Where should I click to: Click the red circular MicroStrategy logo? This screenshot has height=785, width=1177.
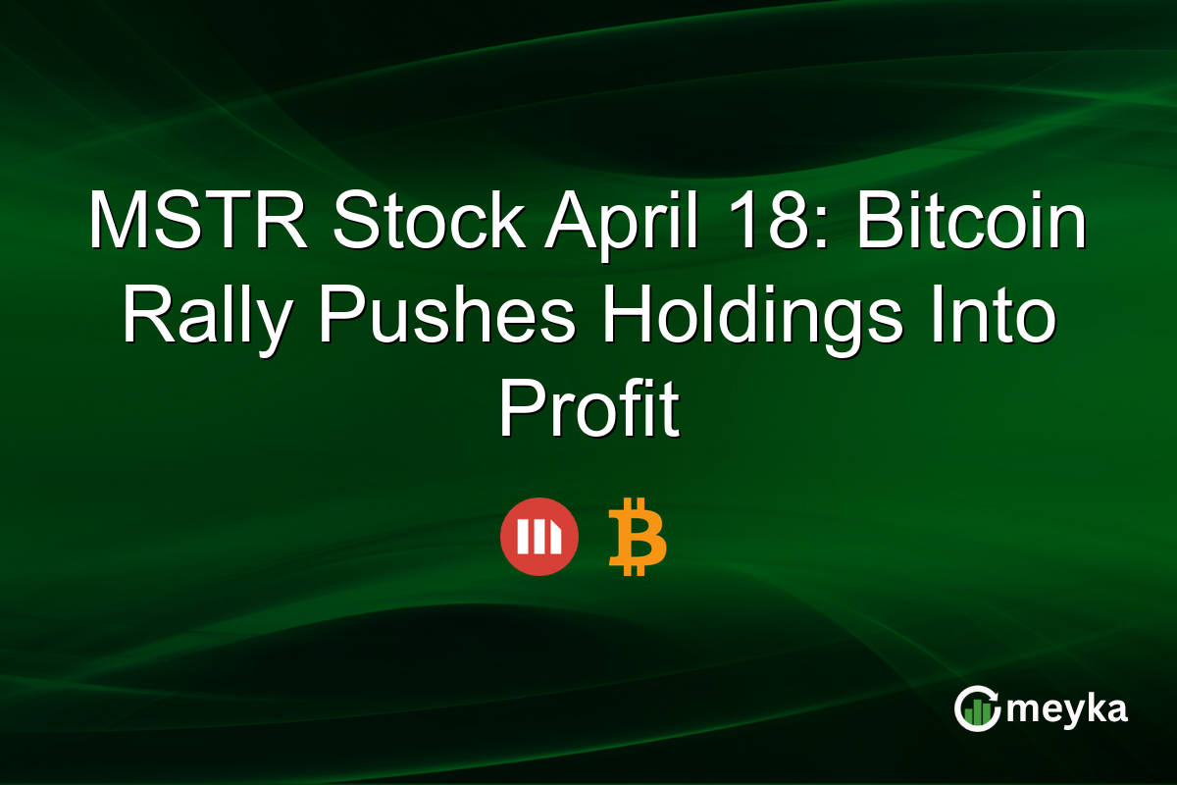[x=538, y=537]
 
